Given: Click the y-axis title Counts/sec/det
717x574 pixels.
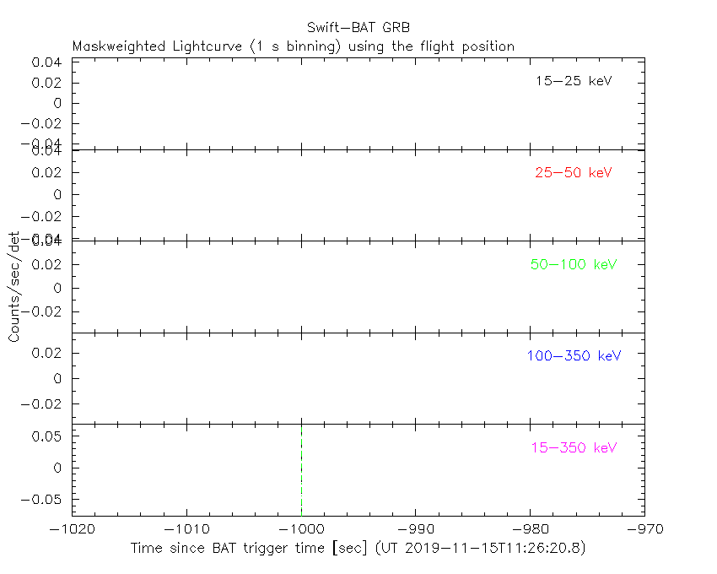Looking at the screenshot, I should pos(14,287).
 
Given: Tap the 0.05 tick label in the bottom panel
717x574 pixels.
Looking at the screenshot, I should pos(49,436).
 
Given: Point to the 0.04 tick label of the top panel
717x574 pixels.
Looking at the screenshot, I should pos(49,62).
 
